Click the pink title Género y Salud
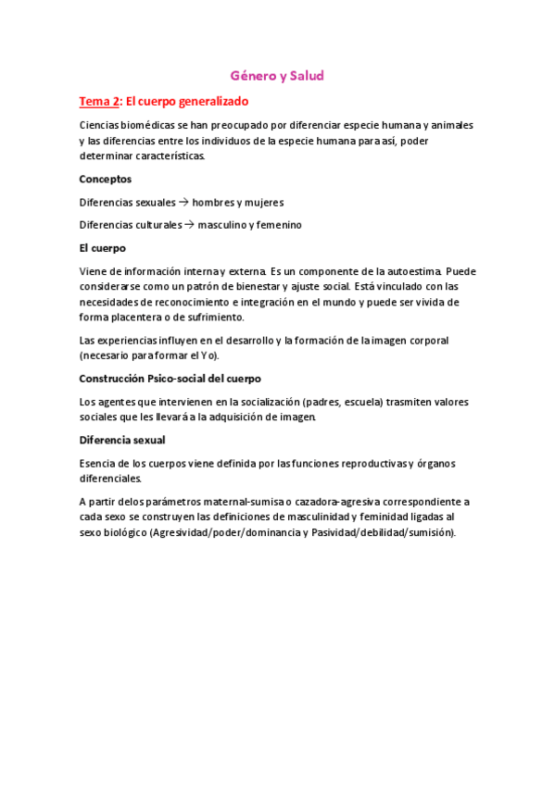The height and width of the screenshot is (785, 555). [x=277, y=76]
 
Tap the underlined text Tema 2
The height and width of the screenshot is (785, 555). [x=99, y=101]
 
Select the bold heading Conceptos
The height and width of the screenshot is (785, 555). [x=105, y=179]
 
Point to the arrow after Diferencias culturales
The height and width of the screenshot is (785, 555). [x=188, y=225]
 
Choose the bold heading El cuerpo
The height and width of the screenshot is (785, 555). [x=102, y=248]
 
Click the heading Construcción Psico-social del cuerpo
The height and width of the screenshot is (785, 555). [x=170, y=379]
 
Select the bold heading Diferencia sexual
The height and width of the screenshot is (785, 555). [x=122, y=440]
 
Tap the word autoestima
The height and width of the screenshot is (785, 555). [x=410, y=271]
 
